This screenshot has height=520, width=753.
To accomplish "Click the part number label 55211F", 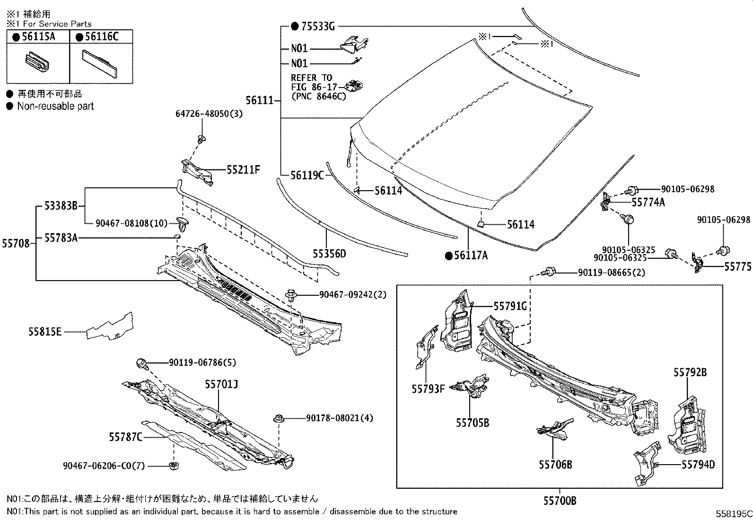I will pyautogui.click(x=243, y=169).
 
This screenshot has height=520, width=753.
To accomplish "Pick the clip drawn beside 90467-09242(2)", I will pyautogui.click(x=291, y=297).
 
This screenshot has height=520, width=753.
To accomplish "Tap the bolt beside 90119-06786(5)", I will pyautogui.click(x=141, y=363).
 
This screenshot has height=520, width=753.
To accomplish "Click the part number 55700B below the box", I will pyautogui.click(x=560, y=501).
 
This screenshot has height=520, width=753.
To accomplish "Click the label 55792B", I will pyautogui.click(x=690, y=372).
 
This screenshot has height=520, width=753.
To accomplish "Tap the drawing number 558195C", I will pyautogui.click(x=733, y=513).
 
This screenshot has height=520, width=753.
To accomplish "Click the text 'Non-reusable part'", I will pyautogui.click(x=55, y=106).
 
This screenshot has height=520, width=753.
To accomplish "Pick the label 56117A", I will pyautogui.click(x=471, y=256).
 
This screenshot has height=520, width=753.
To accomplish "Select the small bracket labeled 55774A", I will pyautogui.click(x=606, y=201).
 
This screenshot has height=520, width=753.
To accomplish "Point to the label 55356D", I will pyautogui.click(x=329, y=254).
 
